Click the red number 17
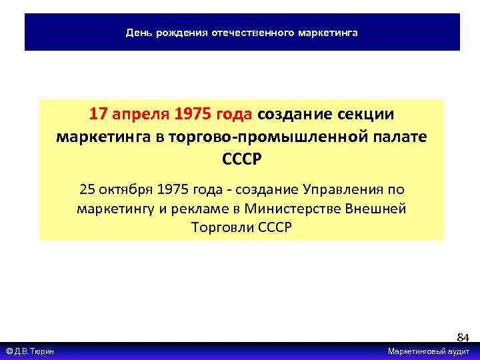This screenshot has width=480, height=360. (99, 114)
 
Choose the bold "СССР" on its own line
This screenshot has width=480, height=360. (241, 161)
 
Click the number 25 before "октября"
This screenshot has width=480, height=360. (87, 189)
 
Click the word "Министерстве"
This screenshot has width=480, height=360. (293, 208)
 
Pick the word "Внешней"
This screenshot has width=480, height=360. (375, 208)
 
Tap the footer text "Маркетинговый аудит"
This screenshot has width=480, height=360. (429, 351)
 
